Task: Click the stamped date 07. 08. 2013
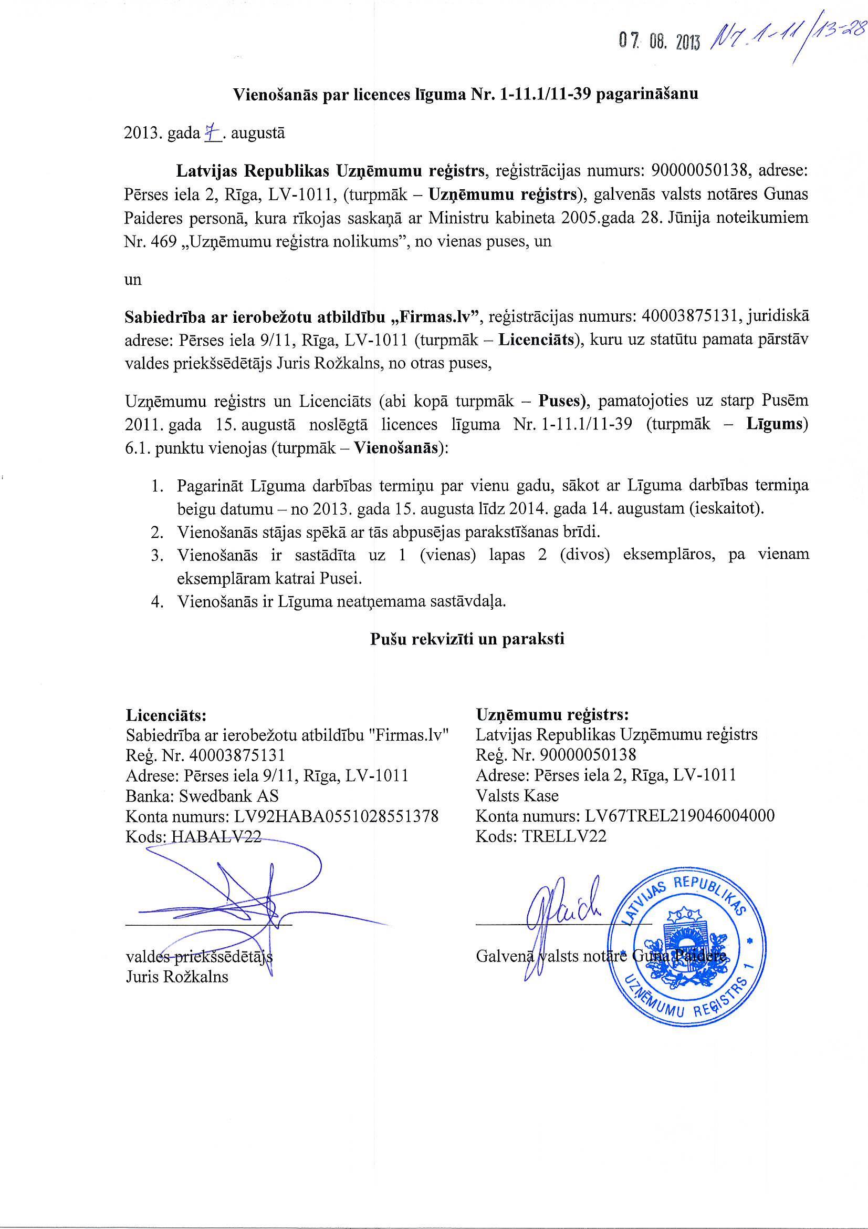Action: pyautogui.click(x=659, y=41)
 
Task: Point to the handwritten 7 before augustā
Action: pyautogui.click(x=212, y=131)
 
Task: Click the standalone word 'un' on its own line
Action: pyautogui.click(x=133, y=280)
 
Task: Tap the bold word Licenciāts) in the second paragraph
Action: pyautogui.click(x=540, y=340)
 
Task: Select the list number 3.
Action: pyautogui.click(x=156, y=555)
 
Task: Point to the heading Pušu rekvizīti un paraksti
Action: pyautogui.click(x=467, y=639)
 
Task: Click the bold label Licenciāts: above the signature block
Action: pyautogui.click(x=166, y=715)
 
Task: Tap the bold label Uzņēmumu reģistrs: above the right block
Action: pyautogui.click(x=552, y=714)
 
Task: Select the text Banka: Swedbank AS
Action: pyautogui.click(x=202, y=796)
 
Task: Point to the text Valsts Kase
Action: pyautogui.click(x=517, y=795)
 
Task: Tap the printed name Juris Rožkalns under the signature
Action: pyautogui.click(x=177, y=976)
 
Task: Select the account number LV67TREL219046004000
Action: pyautogui.click(x=679, y=816)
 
